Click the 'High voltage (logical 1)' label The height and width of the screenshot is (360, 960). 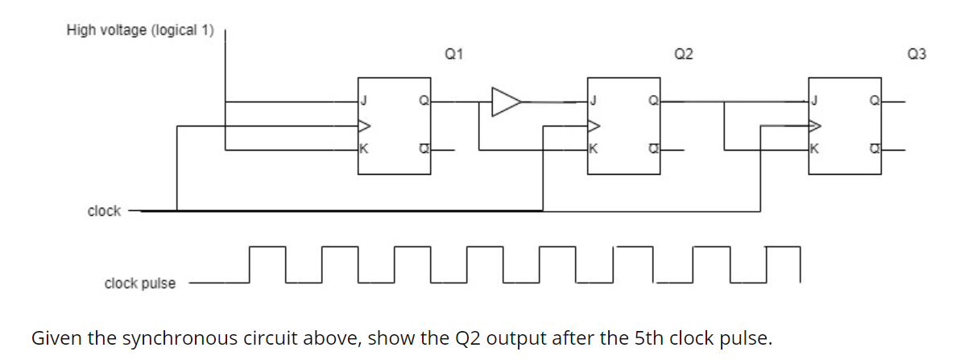click(x=140, y=31)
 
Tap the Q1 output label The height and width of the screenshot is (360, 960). click(x=453, y=55)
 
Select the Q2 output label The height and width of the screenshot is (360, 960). click(x=683, y=55)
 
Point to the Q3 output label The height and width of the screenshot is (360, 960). click(x=916, y=55)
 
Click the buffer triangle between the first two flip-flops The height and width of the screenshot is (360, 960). click(x=505, y=101)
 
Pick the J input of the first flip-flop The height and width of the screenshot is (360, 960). click(x=363, y=101)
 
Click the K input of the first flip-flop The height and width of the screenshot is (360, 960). click(x=363, y=149)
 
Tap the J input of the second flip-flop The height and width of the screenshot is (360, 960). click(x=593, y=101)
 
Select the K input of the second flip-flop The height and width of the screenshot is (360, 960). click(x=593, y=149)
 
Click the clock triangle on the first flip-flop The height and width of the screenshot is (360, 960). click(x=364, y=126)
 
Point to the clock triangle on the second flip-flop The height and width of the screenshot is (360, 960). click(x=594, y=126)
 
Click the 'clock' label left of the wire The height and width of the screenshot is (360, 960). click(x=104, y=211)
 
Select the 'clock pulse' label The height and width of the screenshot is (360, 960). click(x=139, y=283)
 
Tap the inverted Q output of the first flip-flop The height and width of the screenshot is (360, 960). click(x=423, y=149)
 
